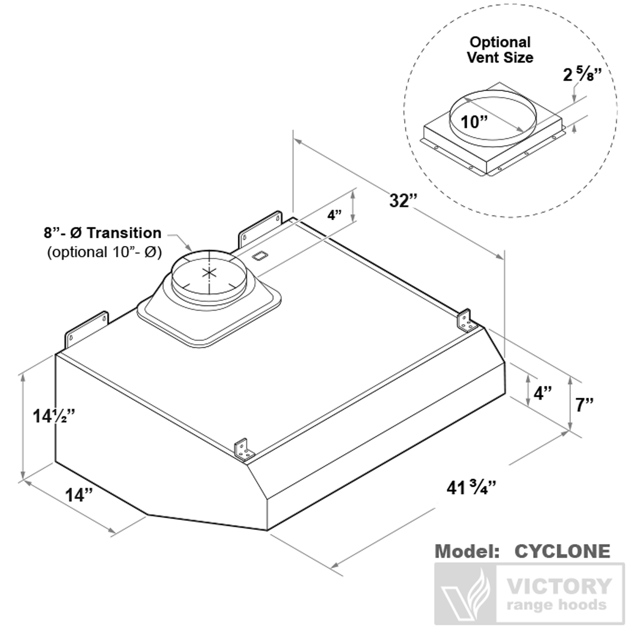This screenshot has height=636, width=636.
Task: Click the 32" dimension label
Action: pos(404,201)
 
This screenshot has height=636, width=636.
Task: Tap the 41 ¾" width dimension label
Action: pos(471,488)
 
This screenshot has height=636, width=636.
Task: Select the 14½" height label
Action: pos(54,416)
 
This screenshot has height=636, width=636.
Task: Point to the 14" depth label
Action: pos(79,495)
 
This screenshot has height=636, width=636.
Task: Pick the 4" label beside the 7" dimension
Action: pos(543,393)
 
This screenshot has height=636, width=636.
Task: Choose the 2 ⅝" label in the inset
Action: pos(582,75)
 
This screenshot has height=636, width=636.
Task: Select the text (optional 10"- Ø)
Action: pos(104,252)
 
